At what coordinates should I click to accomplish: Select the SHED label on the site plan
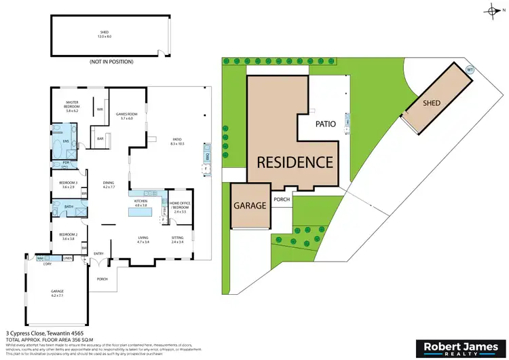pos(432,103)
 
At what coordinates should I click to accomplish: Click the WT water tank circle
pos(470,69)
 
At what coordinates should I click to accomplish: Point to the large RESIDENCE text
pos(294,162)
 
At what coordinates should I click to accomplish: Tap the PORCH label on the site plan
pos(282,200)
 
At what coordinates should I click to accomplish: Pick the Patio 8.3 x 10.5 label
pos(178,142)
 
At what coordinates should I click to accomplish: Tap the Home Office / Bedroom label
pos(180,206)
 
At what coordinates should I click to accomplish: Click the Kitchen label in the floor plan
pos(141,203)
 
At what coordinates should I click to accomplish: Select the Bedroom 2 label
pos(67,236)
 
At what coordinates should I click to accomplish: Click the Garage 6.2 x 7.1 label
pos(56,293)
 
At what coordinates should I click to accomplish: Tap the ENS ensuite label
pos(66,141)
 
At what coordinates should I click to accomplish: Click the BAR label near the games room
pos(100,139)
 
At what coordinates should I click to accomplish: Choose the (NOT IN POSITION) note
pos(109,62)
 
